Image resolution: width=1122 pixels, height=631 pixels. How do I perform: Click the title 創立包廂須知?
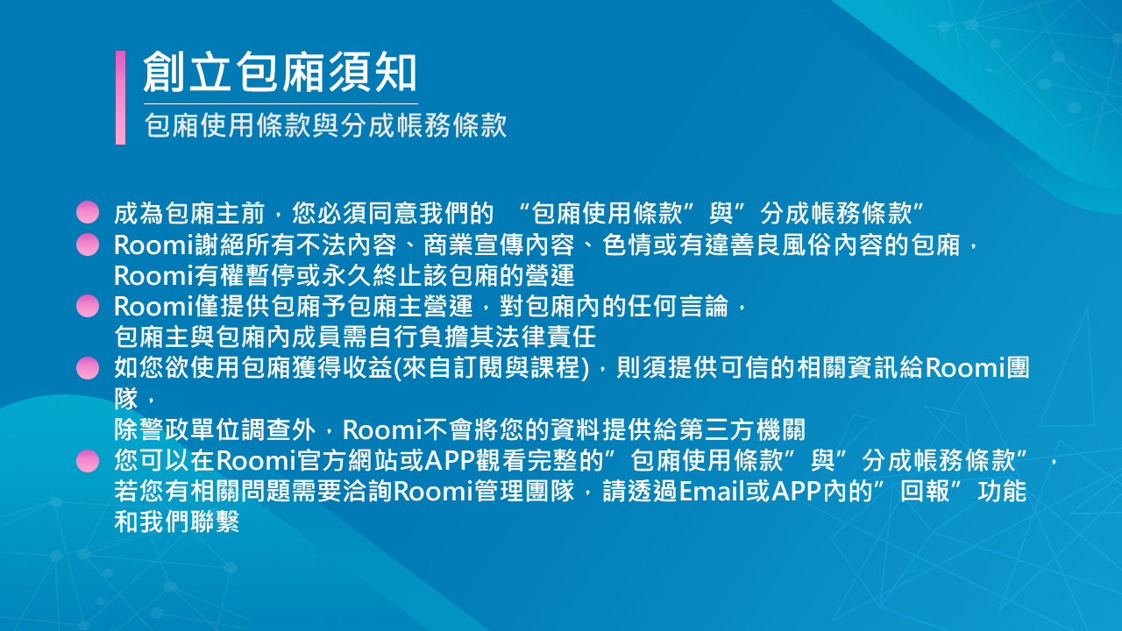point(280,72)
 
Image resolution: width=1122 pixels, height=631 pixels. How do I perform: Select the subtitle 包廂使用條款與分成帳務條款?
point(325,125)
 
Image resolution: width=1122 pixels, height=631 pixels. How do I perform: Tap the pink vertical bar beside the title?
point(120,97)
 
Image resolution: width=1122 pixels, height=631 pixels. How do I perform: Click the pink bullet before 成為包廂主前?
point(88,212)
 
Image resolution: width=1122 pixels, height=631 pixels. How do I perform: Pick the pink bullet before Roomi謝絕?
point(88,245)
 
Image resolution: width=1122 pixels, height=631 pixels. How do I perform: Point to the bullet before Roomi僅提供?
point(88,306)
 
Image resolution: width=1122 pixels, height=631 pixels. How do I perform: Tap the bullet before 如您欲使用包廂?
point(88,368)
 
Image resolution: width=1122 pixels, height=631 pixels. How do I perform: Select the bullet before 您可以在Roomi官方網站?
point(88,461)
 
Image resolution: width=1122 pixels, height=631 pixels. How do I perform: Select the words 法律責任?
point(545,337)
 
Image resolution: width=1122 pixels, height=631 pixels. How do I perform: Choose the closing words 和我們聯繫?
point(177,521)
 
